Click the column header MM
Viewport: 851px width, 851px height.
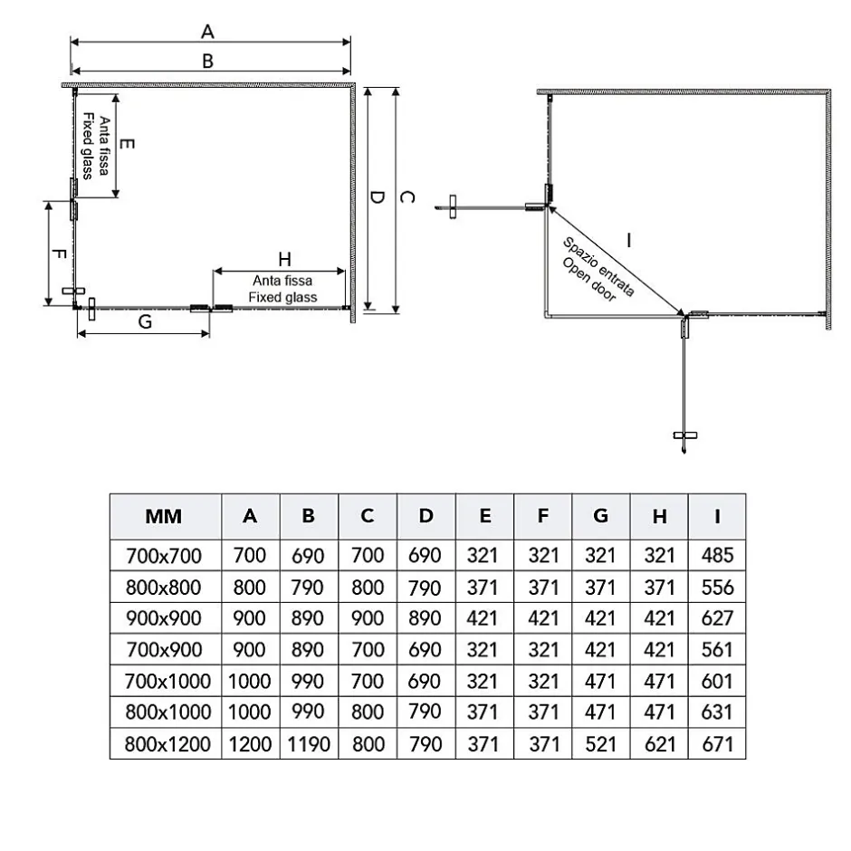tap(163, 516)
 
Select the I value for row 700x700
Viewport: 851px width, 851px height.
tap(717, 555)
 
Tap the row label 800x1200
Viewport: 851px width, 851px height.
tap(167, 743)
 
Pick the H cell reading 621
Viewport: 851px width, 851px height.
tap(659, 743)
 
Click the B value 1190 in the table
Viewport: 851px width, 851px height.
tap(309, 743)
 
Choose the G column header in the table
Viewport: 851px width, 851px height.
tap(600, 516)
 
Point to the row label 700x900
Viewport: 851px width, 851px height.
tap(163, 649)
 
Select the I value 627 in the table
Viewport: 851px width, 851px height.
tap(717, 617)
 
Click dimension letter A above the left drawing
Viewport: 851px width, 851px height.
tap(207, 32)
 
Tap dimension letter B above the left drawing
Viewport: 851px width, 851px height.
tap(207, 61)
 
